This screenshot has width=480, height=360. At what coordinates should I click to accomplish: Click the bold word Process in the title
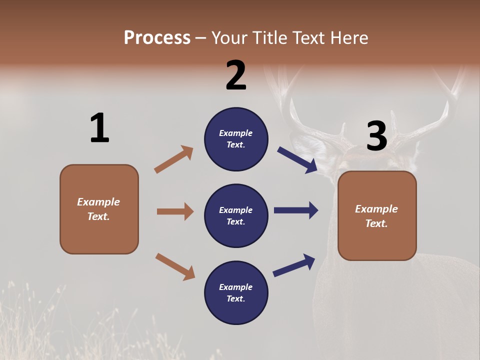(157, 38)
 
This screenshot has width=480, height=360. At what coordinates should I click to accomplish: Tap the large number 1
(99, 128)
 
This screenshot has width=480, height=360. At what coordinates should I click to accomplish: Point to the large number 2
(236, 75)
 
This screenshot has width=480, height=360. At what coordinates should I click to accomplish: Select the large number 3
(377, 136)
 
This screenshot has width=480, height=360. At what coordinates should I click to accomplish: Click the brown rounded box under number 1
(99, 209)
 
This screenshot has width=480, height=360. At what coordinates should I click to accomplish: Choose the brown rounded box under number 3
(377, 216)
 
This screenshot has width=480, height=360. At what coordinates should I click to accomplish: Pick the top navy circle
(236, 139)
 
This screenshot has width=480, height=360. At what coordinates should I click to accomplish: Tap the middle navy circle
(236, 215)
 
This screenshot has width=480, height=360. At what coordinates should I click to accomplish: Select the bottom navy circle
(236, 292)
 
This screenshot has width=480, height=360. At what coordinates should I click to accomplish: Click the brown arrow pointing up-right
(173, 159)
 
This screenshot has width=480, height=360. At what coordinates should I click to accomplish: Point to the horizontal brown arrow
(175, 211)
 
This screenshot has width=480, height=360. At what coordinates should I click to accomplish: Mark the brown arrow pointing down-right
(175, 266)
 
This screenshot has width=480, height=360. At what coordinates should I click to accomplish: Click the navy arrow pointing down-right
(297, 160)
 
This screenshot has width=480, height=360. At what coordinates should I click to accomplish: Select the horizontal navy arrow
(296, 210)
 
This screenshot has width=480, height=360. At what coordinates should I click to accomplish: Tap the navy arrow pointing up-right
(294, 265)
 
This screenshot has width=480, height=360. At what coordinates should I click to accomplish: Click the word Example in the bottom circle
(236, 287)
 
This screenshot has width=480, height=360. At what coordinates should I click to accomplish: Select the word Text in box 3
(376, 223)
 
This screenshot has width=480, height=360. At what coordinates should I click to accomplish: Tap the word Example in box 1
(98, 202)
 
